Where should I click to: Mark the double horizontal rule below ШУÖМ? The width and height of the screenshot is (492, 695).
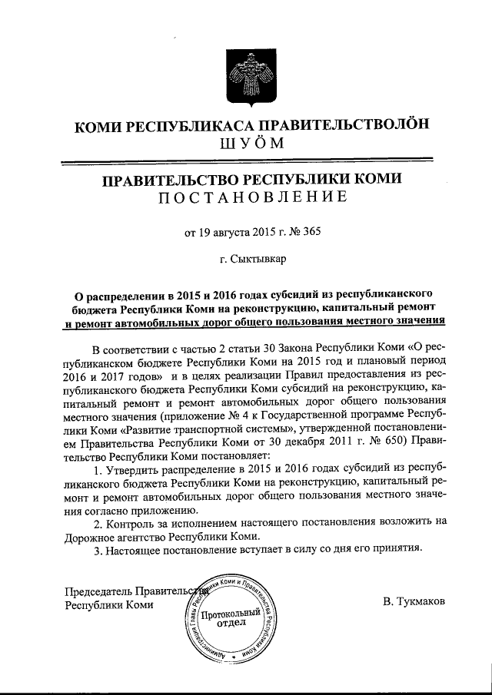[x=245, y=162]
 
